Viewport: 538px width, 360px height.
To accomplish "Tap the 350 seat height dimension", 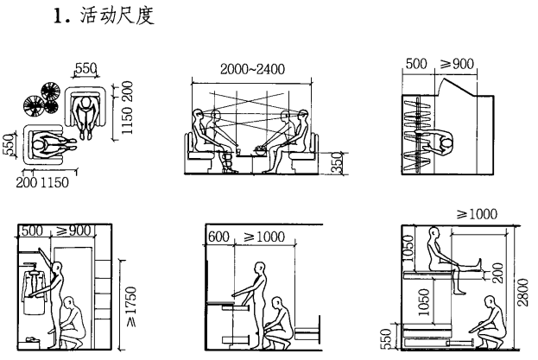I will tap(338, 161).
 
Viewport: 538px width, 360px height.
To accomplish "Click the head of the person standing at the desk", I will tap(257, 270).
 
